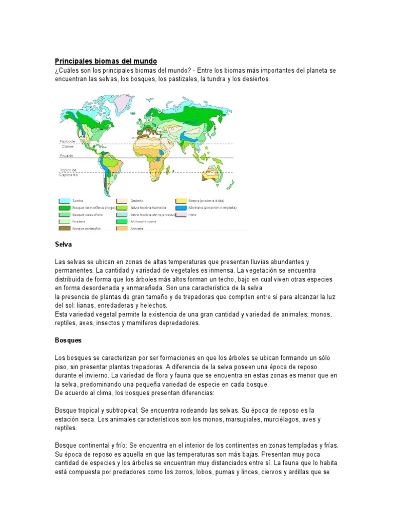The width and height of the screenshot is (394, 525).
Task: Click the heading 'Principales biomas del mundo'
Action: (106, 61)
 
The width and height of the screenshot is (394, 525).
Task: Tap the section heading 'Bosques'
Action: (68, 340)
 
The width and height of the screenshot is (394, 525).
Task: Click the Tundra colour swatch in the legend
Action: (64, 200)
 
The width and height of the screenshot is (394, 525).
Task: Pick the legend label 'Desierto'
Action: (137, 200)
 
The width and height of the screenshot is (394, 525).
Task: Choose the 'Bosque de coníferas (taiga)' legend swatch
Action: (64, 208)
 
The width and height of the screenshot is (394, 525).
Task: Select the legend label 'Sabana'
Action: (136, 229)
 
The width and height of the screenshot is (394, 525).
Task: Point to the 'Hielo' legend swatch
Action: (181, 215)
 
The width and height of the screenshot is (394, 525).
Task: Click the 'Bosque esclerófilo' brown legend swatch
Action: (64, 229)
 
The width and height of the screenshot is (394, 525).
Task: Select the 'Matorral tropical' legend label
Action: (144, 221)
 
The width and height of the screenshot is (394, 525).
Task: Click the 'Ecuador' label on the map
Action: (67, 155)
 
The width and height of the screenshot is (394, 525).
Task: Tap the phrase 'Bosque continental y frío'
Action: (90, 446)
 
